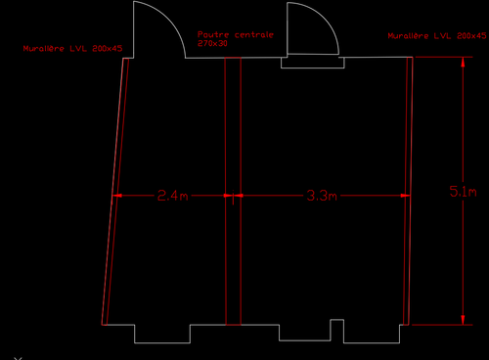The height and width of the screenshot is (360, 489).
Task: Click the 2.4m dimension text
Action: point(171,196)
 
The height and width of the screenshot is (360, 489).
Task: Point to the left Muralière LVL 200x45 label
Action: point(73,48)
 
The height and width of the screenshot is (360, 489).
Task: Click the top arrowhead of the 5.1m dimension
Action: point(461,61)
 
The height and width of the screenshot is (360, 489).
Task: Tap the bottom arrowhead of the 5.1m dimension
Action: point(461,319)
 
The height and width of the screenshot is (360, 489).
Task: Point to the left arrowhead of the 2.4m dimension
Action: point(117,196)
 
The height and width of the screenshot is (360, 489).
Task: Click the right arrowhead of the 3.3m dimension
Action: point(404,196)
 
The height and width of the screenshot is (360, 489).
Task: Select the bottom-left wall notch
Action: point(162,333)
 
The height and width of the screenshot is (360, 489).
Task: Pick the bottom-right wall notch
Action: point(372,333)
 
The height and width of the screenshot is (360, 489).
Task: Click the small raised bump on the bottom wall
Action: point(337,322)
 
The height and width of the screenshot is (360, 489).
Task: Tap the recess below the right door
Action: point(313,63)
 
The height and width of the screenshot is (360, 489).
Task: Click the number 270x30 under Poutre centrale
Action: point(212,43)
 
